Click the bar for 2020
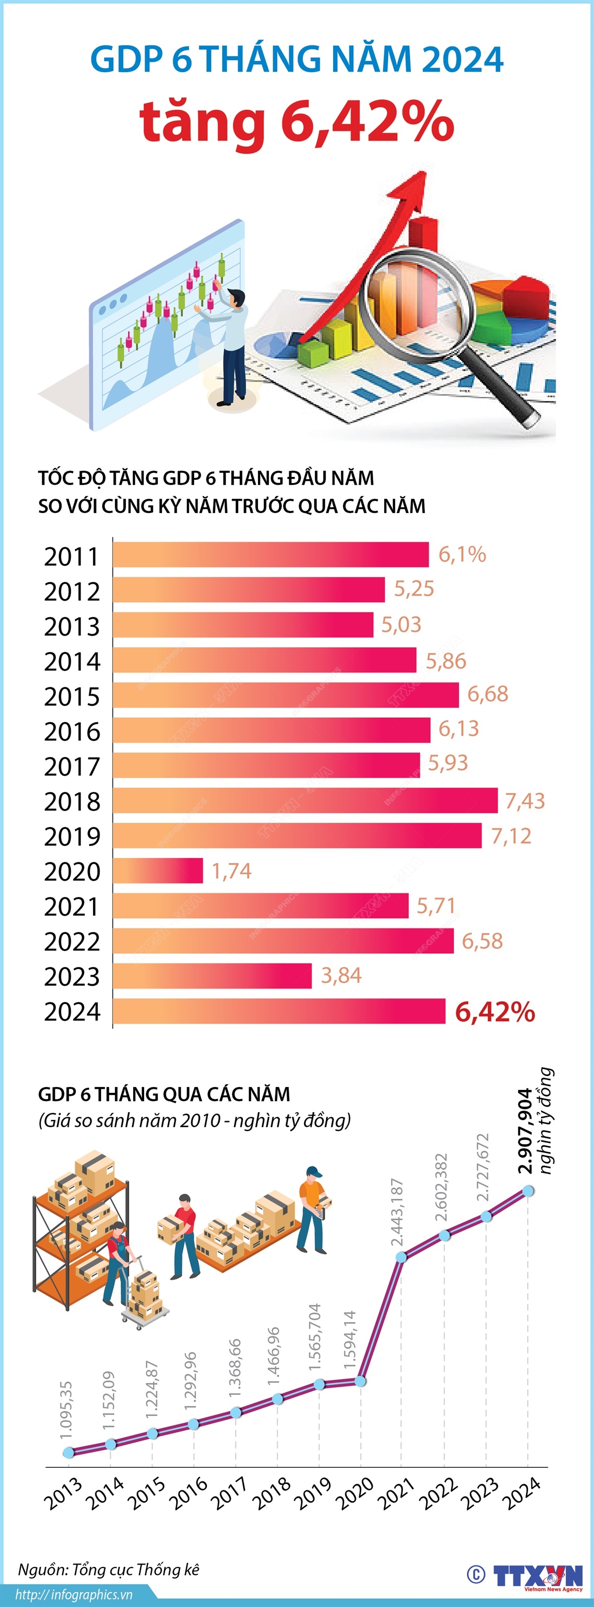click(158, 870)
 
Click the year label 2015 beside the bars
click(72, 696)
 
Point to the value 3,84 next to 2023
click(341, 975)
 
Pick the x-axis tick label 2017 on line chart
click(229, 1494)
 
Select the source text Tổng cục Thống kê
click(136, 1569)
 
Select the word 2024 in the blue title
click(462, 59)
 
